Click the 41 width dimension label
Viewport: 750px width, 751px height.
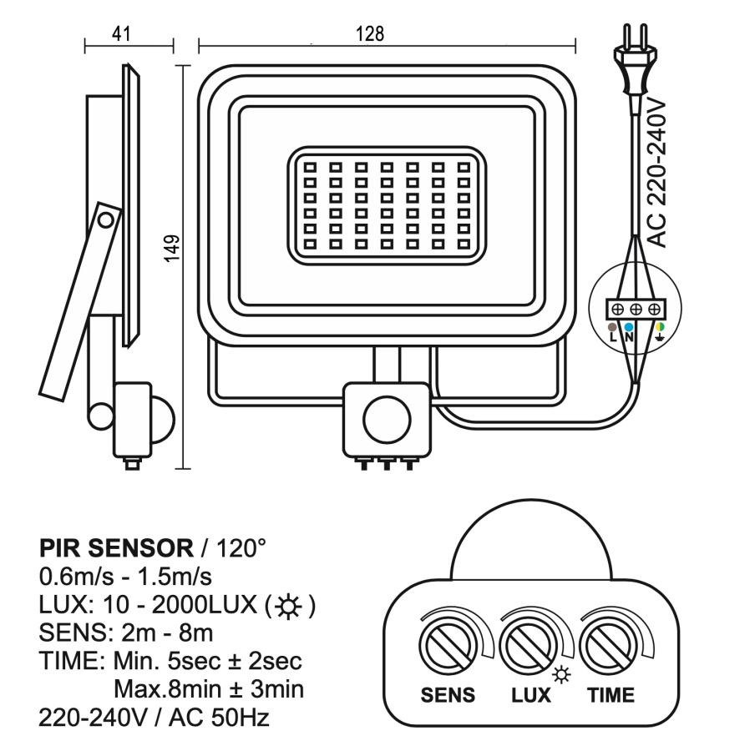(x=123, y=34)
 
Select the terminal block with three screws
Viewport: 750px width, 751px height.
(x=635, y=309)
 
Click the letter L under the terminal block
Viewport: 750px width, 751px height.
(x=613, y=336)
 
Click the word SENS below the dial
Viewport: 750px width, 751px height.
(x=448, y=695)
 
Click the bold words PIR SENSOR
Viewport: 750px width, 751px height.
(x=115, y=549)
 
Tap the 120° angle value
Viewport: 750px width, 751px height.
(x=241, y=549)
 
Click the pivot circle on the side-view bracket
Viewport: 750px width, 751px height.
(x=106, y=220)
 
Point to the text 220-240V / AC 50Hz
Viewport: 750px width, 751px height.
(x=154, y=717)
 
